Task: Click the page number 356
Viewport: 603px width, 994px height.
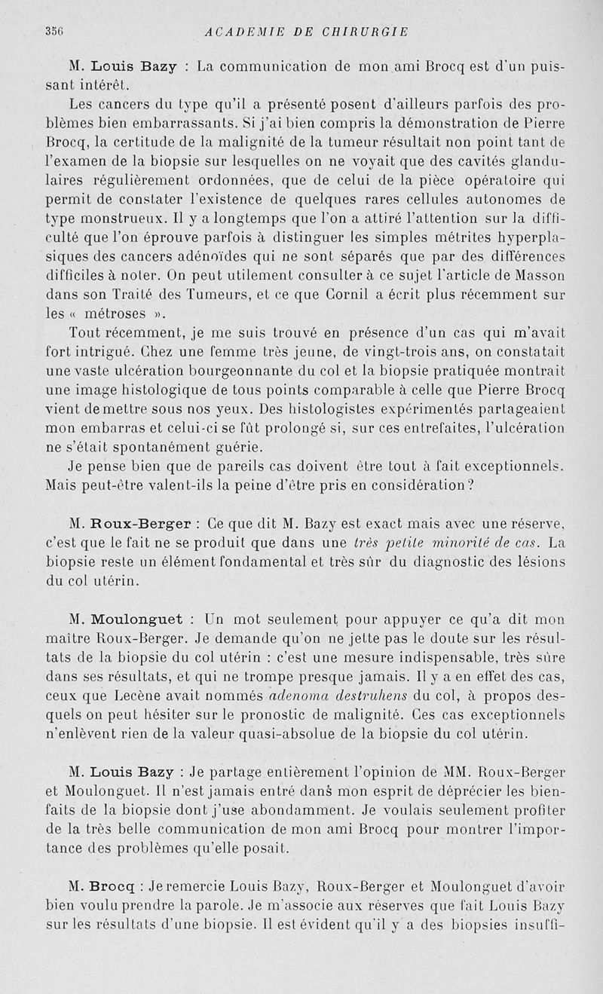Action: tap(54, 32)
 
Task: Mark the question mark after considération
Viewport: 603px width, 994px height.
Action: tap(470, 485)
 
